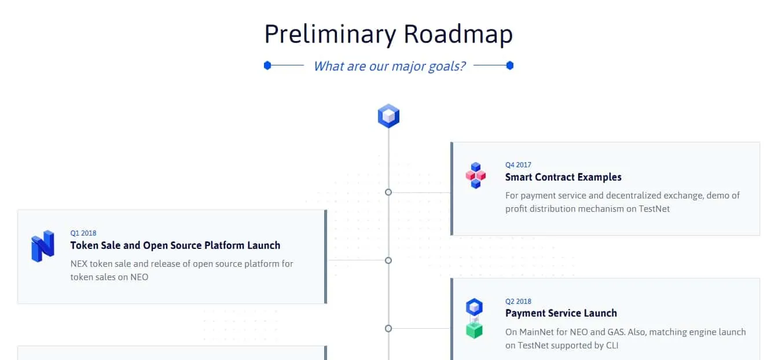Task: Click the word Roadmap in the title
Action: point(458,34)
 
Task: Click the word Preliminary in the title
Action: point(331,35)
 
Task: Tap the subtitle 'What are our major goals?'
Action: point(389,66)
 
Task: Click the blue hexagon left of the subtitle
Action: point(267,65)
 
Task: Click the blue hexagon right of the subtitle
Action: point(510,65)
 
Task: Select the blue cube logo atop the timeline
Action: point(388,116)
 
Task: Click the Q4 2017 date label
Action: point(518,165)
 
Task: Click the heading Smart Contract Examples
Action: point(563,177)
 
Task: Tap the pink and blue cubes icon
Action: point(475,175)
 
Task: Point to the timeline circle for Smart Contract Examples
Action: point(388,192)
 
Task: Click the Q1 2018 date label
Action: point(83,233)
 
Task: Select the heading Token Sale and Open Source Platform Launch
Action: point(175,245)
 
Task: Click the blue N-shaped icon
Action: point(42,246)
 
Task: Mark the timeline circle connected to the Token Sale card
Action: point(388,260)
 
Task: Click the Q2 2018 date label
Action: point(518,302)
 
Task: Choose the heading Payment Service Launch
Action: point(561,313)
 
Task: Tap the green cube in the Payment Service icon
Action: point(474,330)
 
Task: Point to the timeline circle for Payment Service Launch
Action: point(388,329)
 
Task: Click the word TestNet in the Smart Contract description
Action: point(654,209)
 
